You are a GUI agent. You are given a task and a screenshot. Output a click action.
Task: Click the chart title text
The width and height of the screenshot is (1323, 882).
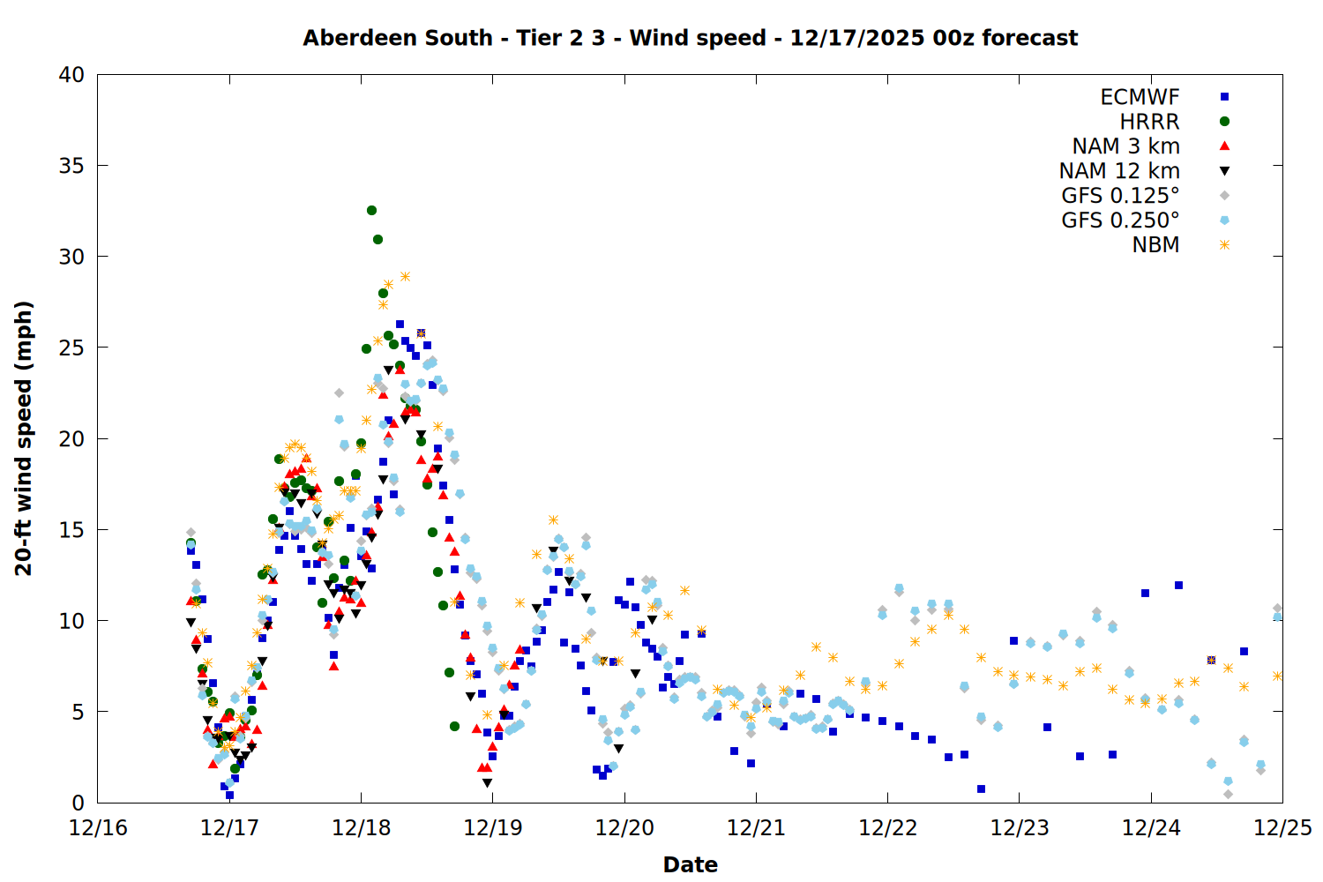[x=690, y=38]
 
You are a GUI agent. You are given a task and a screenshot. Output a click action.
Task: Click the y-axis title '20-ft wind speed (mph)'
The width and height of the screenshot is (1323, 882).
[x=24, y=438]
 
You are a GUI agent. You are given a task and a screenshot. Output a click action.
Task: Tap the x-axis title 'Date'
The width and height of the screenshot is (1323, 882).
[x=690, y=864]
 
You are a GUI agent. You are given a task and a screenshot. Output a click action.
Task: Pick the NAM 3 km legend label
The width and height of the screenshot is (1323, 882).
[x=1125, y=146]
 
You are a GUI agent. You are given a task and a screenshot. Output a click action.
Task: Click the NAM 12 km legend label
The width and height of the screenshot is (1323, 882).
[x=1119, y=171]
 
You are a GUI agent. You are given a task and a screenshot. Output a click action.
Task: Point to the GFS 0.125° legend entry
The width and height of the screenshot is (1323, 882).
[x=1120, y=196]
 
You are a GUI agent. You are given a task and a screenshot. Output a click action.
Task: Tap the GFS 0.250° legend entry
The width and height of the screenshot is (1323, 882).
[x=1120, y=220]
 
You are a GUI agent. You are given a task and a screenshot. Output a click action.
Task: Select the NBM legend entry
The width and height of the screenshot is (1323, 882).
[x=1155, y=245]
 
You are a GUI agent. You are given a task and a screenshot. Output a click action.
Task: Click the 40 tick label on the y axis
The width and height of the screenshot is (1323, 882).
[x=71, y=75]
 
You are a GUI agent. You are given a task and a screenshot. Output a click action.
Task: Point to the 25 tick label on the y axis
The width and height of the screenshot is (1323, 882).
[x=71, y=348]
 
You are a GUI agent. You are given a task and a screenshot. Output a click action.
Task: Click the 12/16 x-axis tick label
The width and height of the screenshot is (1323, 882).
[x=98, y=828]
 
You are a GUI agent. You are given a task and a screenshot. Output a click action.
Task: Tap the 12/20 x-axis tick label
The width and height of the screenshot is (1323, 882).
[x=624, y=828]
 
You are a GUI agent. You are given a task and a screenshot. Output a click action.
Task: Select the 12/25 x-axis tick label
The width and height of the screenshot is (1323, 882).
[x=1282, y=828]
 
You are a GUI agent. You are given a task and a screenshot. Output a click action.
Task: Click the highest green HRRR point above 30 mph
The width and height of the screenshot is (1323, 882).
[x=371, y=210]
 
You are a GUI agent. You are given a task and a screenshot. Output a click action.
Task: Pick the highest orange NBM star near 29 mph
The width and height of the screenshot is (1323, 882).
[x=405, y=276]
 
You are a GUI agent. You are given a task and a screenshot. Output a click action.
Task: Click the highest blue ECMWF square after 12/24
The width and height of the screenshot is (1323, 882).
[x=1178, y=585]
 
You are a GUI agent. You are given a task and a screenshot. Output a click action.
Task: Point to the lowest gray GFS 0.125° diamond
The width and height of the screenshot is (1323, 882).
[x=1228, y=794]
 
